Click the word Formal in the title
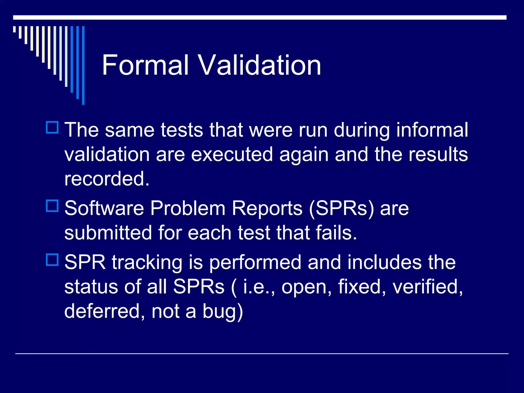[x=145, y=65]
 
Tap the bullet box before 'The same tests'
[x=52, y=127]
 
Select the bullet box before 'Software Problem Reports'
[x=52, y=206]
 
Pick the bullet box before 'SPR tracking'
[x=52, y=260]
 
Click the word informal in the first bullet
[x=432, y=130]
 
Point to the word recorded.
[x=107, y=179]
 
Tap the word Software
[x=104, y=208]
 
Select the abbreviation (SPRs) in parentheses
[x=342, y=209]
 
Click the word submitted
[x=108, y=233]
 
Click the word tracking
[x=147, y=263]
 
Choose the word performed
[x=255, y=263]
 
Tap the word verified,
[x=428, y=287]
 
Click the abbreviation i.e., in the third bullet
[x=259, y=287]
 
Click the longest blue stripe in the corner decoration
[x=83, y=65]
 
